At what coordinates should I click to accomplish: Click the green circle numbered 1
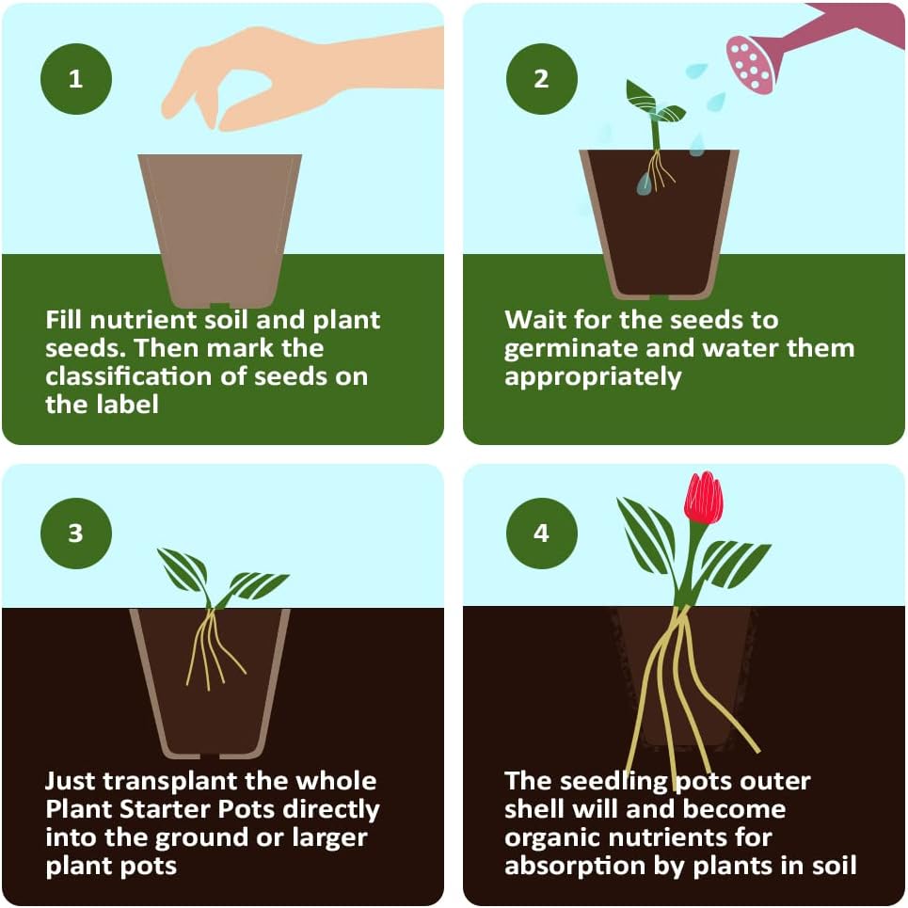(x=75, y=78)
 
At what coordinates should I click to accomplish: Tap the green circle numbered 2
(x=541, y=78)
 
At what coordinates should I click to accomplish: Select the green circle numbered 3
(x=75, y=534)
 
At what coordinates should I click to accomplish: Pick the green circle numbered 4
(x=541, y=534)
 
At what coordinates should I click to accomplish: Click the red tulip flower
(x=703, y=499)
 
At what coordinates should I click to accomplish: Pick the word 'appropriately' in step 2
(x=593, y=377)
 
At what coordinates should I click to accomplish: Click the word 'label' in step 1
(x=123, y=405)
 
